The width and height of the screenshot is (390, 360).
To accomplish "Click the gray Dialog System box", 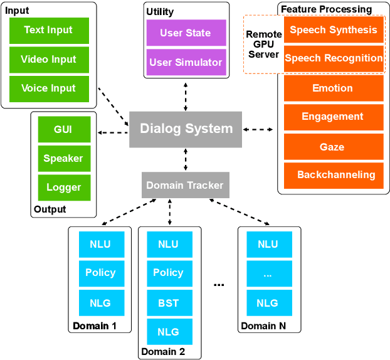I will point(186,129).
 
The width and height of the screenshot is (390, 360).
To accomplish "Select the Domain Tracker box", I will point(185,185).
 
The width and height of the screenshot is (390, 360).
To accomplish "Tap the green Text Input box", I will point(48,30).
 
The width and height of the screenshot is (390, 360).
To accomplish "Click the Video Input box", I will point(48,60).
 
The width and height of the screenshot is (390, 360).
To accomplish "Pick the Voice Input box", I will point(48,88).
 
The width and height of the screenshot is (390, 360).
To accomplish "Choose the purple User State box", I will point(186,33).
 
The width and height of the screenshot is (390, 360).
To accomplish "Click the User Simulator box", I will point(186,63).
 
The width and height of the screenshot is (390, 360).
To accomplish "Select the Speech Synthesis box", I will point(333,29).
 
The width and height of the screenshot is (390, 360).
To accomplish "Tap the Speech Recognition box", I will point(333,58).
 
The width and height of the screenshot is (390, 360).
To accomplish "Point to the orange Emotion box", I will point(333,88).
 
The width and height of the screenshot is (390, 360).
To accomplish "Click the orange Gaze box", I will point(333,147).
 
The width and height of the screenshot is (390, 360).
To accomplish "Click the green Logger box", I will point(63,188).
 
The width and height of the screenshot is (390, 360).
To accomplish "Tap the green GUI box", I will point(63,130).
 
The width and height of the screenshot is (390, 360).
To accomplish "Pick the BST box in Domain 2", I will point(168,303).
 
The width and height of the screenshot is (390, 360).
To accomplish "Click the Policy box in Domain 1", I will point(100,273).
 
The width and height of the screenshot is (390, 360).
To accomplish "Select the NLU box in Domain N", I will point(268,245).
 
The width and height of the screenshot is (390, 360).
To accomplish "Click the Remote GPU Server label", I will point(263,45).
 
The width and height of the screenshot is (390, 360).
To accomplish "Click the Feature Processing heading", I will point(326,9).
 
